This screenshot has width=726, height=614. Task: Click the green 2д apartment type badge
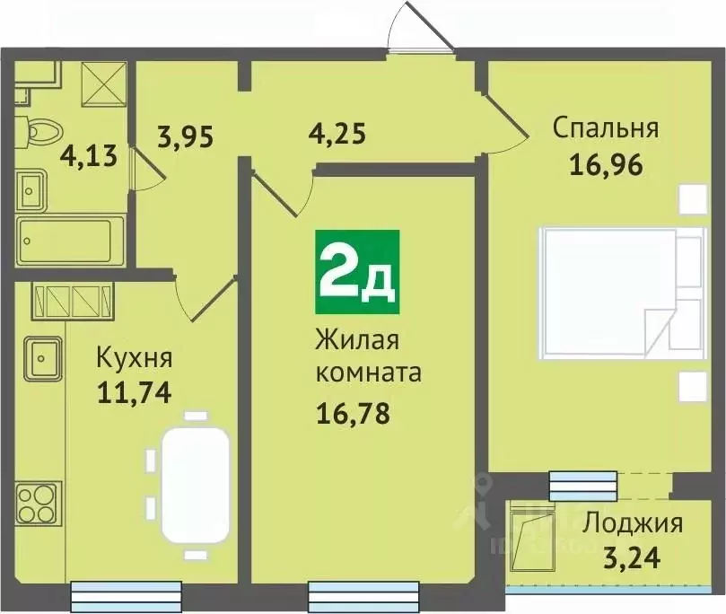[357, 267]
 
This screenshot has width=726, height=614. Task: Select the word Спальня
[605, 127]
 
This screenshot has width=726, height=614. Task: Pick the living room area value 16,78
[353, 415]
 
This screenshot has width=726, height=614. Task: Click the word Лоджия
[633, 522]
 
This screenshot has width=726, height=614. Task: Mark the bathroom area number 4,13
[89, 157]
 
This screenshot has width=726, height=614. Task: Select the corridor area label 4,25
[337, 138]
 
